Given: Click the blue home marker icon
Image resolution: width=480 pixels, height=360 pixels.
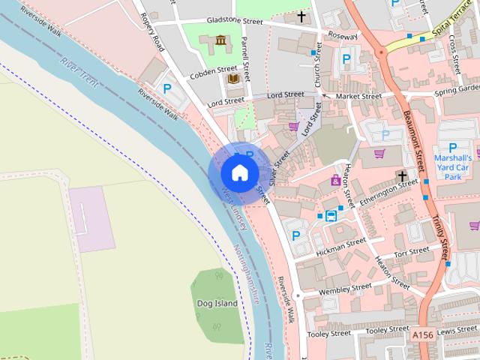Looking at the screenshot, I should point(238,172).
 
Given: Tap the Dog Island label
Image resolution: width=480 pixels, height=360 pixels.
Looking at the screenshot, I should point(217,304).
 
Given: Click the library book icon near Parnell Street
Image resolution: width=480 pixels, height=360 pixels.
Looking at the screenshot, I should point(233,79).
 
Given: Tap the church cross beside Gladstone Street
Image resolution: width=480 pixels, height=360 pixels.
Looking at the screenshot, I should point(302,16).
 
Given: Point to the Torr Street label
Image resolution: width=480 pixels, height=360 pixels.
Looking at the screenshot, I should point(412,250).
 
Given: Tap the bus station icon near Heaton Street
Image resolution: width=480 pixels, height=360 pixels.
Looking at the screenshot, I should point(331,215).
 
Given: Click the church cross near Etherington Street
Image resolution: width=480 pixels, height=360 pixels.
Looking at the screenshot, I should point(403,176).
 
